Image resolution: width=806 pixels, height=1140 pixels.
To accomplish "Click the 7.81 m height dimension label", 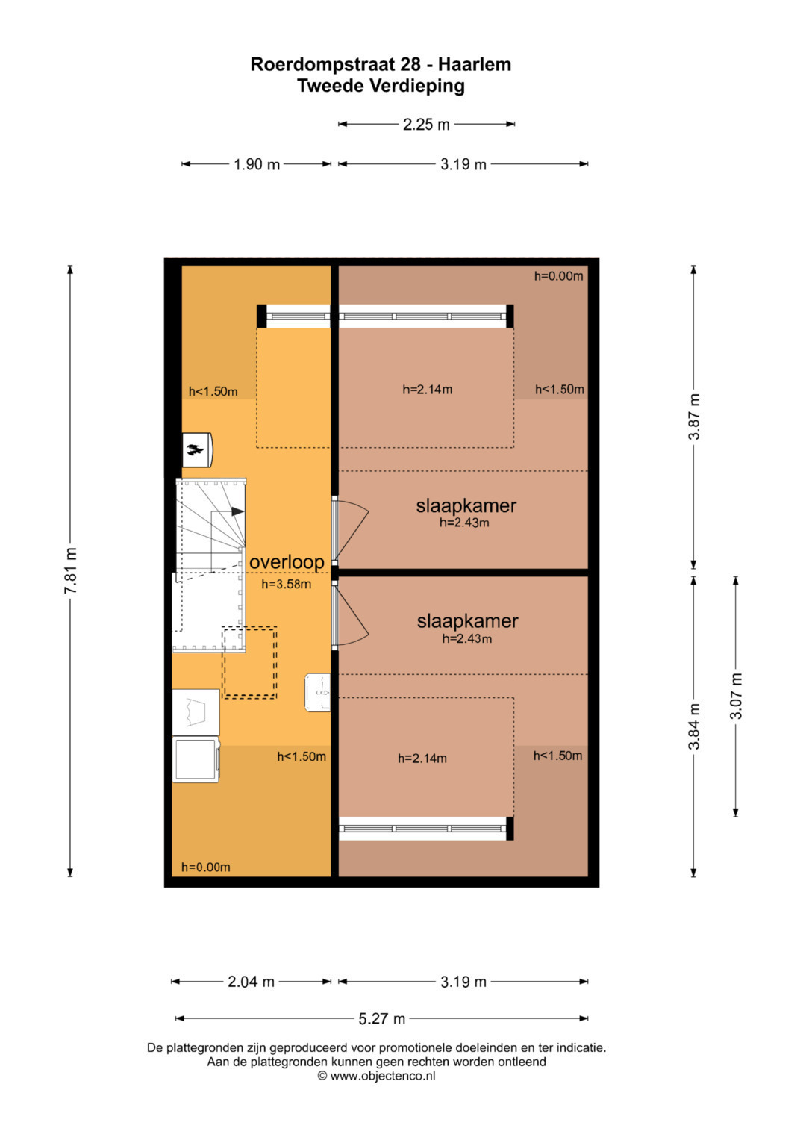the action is click(70, 570).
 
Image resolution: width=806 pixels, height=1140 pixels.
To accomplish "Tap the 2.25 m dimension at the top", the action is click(426, 124).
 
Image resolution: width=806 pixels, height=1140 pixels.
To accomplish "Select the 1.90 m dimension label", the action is click(257, 164).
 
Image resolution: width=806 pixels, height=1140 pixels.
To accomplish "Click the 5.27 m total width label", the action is click(381, 1018).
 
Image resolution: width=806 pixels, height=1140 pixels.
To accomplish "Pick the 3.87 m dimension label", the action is click(694, 417).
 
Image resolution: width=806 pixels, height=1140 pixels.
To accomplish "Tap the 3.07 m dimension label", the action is click(736, 696).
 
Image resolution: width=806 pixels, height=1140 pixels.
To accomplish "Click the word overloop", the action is click(287, 562).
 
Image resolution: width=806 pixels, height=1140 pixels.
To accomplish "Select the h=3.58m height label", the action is click(286, 585).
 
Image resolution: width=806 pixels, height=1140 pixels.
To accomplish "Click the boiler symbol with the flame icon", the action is click(197, 449).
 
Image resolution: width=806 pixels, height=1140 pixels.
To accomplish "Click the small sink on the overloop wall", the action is click(317, 692).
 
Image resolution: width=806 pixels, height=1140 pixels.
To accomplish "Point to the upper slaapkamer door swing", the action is click(350, 530).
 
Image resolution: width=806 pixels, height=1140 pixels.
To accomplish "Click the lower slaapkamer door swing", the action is click(350, 616).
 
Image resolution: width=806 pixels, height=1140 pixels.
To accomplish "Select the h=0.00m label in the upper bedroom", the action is click(558, 276).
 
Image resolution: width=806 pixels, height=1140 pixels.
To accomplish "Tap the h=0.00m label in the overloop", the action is click(205, 868).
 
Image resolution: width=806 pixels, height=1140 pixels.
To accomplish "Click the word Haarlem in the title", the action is click(475, 65).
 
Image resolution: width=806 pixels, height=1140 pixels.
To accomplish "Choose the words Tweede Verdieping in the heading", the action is click(381, 86).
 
